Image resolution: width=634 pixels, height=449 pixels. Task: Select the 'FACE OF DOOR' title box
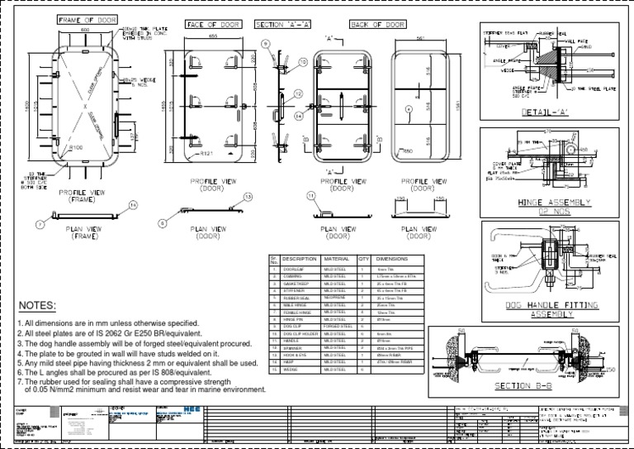click(213, 25)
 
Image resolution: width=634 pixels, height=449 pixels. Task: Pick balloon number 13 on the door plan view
click(248, 196)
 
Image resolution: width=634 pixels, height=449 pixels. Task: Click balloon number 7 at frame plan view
click(38, 224)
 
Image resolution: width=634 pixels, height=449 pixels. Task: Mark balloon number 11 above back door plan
click(310, 196)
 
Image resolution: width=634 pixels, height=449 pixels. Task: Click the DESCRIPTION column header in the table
click(299, 259)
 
